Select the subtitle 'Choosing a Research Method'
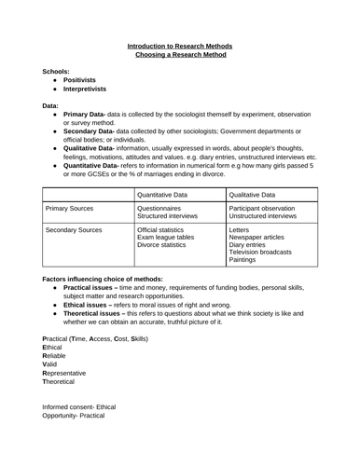click(179, 55)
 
